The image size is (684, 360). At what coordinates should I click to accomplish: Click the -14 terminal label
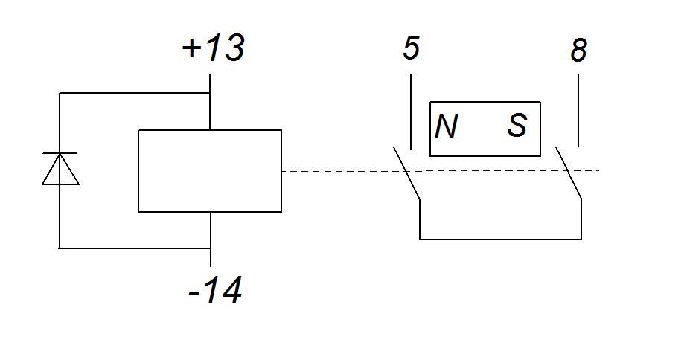214,291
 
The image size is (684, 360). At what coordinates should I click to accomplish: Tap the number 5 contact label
411,48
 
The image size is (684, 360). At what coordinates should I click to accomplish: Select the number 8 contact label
578,50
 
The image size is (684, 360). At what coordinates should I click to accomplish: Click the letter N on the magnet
447,126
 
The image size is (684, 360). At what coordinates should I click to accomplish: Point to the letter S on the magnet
517,126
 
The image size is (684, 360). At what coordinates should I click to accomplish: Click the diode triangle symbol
60,169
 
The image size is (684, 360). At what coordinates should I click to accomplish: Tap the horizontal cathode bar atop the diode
60,153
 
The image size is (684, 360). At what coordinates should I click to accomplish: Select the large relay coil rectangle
210,171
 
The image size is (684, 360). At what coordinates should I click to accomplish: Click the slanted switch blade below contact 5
406,173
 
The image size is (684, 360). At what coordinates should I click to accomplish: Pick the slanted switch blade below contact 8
569,173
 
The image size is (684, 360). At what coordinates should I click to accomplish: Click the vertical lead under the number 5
411,112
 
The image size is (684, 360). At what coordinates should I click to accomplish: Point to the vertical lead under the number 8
578,110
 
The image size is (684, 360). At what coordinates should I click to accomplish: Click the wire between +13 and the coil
210,102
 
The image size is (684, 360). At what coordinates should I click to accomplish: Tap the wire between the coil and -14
210,240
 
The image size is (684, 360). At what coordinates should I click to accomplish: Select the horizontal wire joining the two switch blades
500,239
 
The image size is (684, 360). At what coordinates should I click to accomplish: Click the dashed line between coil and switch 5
341,171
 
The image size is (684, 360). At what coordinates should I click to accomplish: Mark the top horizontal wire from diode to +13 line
135,93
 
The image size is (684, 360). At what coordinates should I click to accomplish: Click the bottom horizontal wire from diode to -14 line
135,248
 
